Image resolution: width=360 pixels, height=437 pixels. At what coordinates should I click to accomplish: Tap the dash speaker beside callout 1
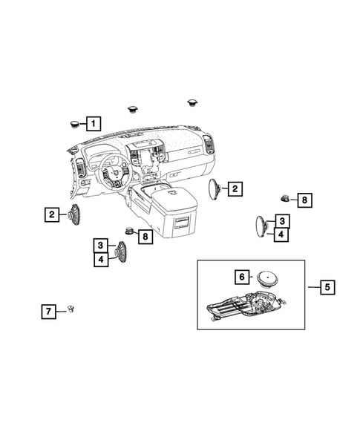click(x=75, y=123)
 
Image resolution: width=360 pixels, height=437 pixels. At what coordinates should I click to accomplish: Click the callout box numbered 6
click(x=241, y=277)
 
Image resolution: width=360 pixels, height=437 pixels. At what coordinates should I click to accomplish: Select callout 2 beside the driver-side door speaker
click(x=52, y=215)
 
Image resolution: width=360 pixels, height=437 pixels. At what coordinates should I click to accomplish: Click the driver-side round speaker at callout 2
click(x=73, y=215)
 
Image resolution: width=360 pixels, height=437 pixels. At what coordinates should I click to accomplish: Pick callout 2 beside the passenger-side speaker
click(x=234, y=189)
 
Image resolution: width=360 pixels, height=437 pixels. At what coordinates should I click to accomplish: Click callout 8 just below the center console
click(x=145, y=237)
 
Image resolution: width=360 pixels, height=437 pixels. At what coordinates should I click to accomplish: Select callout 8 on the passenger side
click(x=303, y=199)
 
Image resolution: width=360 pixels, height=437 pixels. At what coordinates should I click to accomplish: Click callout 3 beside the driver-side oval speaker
click(x=100, y=246)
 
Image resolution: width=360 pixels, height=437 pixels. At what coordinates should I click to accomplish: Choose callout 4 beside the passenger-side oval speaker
click(x=281, y=234)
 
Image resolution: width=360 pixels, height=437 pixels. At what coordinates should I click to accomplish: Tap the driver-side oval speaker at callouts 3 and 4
click(x=120, y=253)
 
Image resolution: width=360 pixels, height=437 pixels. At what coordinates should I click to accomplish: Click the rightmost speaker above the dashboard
click(x=195, y=99)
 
